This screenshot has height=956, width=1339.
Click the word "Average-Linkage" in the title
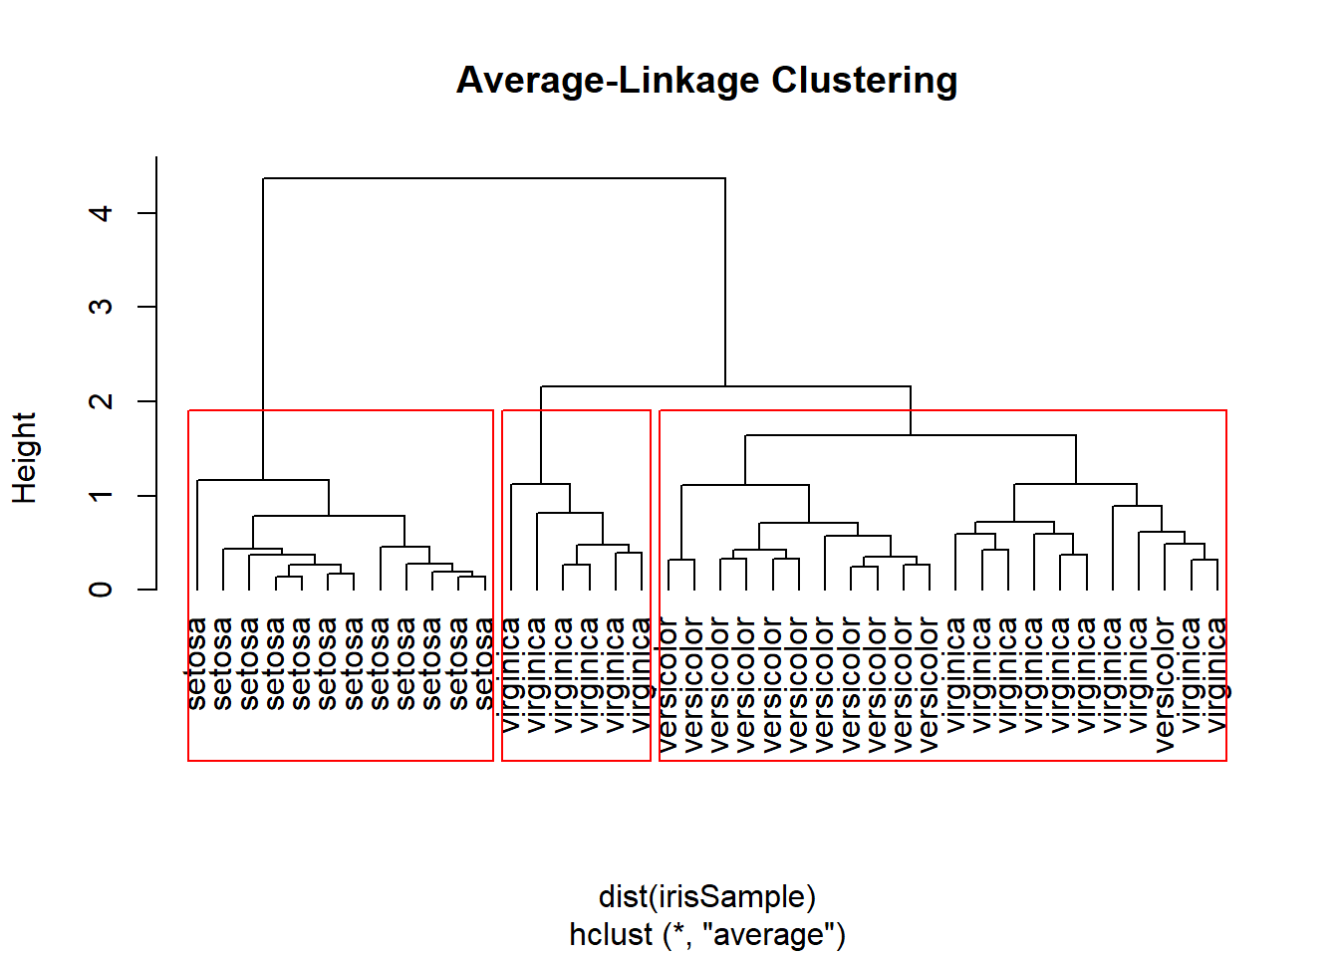click(x=608, y=82)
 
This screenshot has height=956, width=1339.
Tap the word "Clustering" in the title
click(x=865, y=82)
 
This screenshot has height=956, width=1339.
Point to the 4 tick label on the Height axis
click(x=101, y=213)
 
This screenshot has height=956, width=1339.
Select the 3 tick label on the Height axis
click(x=101, y=307)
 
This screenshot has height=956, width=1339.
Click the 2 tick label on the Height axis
click(x=101, y=401)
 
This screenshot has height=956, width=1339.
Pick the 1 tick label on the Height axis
click(x=101, y=495)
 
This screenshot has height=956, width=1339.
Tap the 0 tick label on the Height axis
click(x=101, y=590)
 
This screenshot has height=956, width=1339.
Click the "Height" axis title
click(x=25, y=458)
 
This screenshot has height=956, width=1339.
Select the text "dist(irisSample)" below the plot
click(x=707, y=897)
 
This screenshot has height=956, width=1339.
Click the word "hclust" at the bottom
click(x=611, y=934)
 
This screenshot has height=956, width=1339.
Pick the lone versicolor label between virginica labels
click(x=1165, y=685)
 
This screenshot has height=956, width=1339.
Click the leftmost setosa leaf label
click(x=196, y=664)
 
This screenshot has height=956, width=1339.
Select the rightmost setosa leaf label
click(x=484, y=664)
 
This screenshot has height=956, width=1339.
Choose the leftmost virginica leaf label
click(x=510, y=675)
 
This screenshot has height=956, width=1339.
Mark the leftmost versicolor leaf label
click(x=668, y=685)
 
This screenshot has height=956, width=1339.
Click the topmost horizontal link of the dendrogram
click(x=494, y=178)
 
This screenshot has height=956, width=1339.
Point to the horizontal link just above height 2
click(x=725, y=386)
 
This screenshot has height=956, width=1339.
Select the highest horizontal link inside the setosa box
click(x=263, y=480)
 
